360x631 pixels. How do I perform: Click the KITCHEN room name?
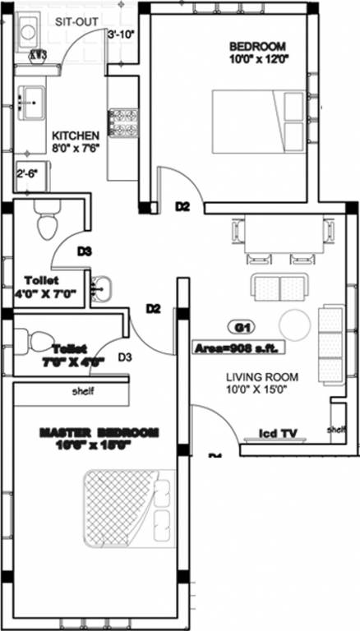[76, 135]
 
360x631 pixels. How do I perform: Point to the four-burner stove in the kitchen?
[127, 123]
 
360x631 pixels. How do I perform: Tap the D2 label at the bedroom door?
[182, 208]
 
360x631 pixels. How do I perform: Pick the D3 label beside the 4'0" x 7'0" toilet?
[85, 251]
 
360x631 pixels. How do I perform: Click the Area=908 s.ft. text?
[237, 348]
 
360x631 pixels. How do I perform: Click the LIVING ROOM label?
[262, 377]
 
